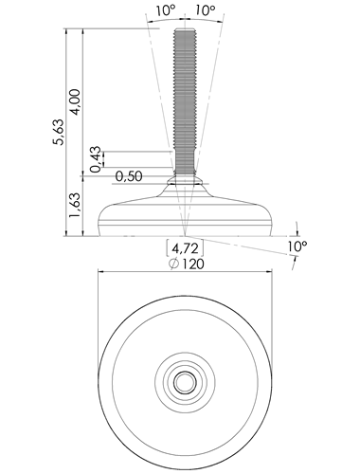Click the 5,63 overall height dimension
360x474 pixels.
pos(59,132)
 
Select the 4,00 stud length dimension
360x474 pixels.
pos(76,102)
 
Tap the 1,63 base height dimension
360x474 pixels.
pos(76,205)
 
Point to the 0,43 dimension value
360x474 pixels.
pos(96,159)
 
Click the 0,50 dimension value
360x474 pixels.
pos(129,176)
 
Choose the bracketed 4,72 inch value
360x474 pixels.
pos(186,248)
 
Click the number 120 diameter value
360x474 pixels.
pos(192,264)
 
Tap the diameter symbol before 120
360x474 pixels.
pos(173,264)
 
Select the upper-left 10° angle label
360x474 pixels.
pos(166,10)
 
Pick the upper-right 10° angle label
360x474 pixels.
pos(205,10)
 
